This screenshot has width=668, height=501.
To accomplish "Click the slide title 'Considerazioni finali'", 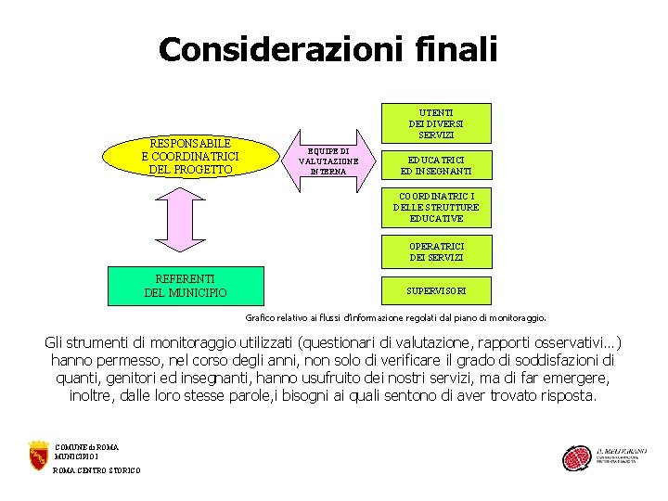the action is pyautogui.click(x=328, y=49).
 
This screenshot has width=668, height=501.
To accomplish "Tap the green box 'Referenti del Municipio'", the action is pyautogui.click(x=186, y=286).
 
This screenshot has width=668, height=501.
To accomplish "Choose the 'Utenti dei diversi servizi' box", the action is pyautogui.click(x=436, y=122).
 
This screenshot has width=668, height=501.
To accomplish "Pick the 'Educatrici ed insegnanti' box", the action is pyautogui.click(x=436, y=165).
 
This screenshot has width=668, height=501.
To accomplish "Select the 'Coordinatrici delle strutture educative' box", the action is pyautogui.click(x=436, y=208).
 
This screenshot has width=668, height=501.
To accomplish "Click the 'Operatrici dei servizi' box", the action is pyautogui.click(x=436, y=251).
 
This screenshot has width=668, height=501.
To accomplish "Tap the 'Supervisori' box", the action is pyautogui.click(x=436, y=291).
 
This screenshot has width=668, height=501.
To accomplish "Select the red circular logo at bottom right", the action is pyautogui.click(x=576, y=458).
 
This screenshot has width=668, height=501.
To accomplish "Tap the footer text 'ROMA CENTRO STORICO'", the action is pyautogui.click(x=97, y=470).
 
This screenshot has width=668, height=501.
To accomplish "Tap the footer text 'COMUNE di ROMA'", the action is pyautogui.click(x=87, y=447).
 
